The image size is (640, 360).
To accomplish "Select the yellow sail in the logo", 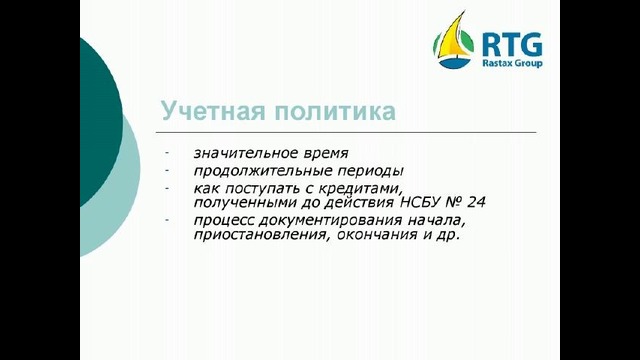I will point(456,40).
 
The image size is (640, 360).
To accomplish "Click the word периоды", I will point(370,170).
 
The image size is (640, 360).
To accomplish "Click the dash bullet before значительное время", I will point(169,152).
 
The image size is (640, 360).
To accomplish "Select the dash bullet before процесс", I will point(169,219).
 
